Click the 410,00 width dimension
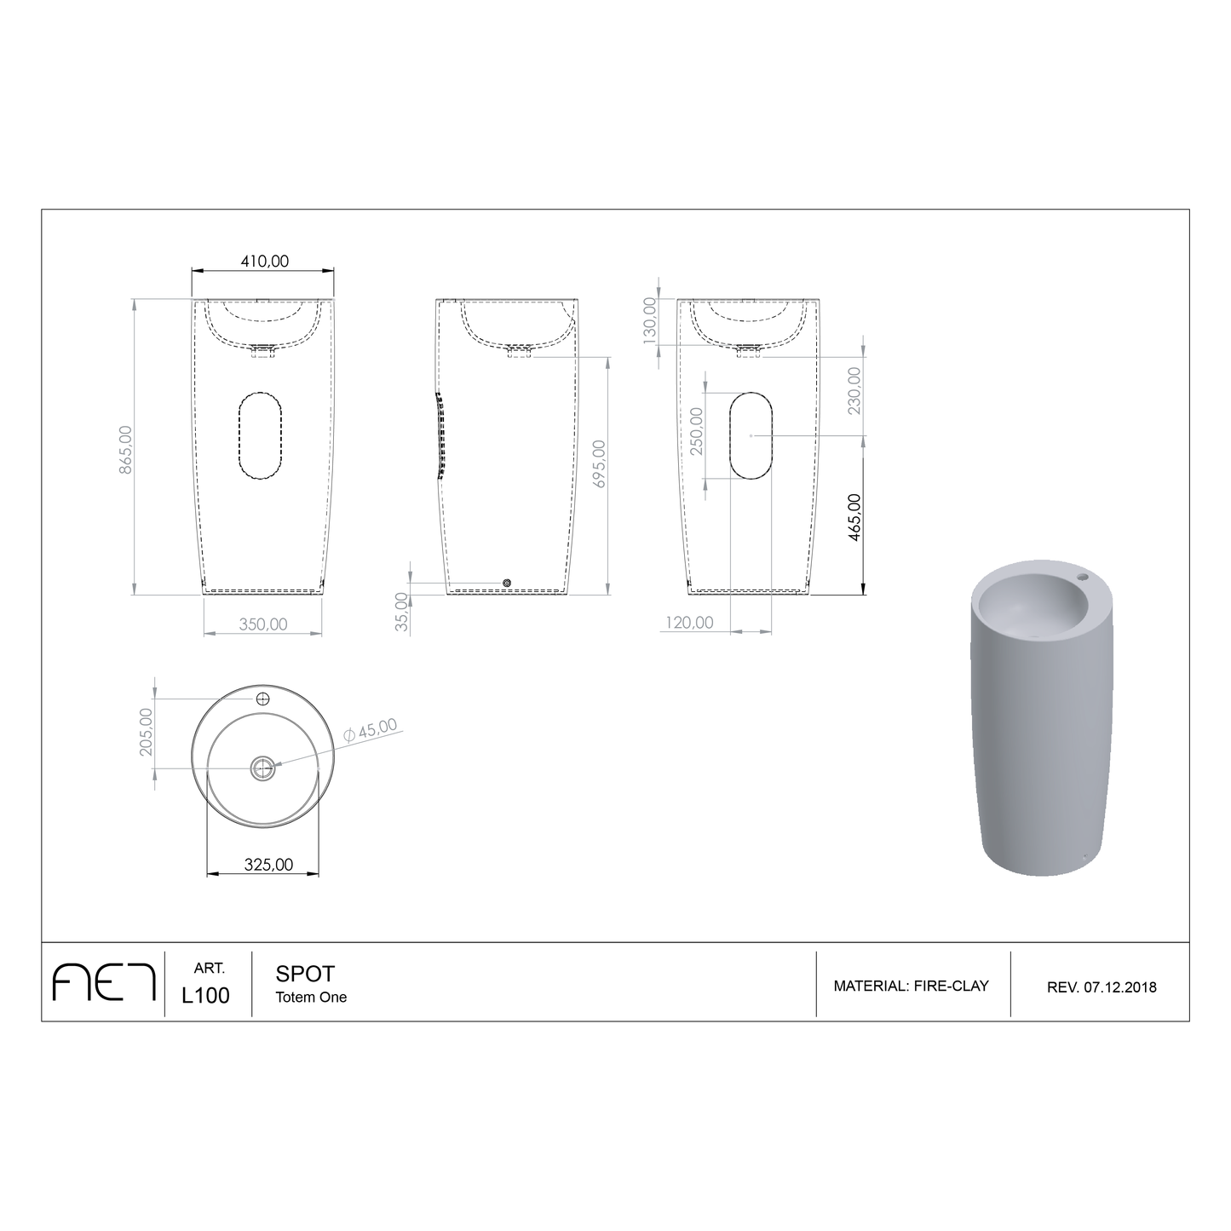click(264, 262)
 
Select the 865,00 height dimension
click(126, 450)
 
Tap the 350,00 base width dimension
click(263, 624)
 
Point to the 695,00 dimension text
click(599, 463)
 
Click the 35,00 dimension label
click(401, 613)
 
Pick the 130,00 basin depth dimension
click(650, 321)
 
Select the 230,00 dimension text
click(854, 390)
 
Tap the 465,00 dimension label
click(854, 517)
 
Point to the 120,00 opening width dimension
click(689, 622)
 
